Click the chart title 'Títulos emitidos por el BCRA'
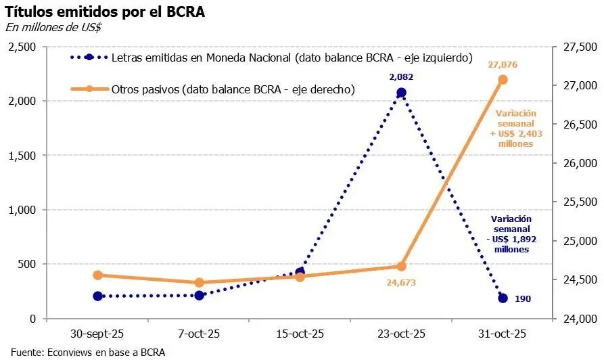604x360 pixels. [105, 12]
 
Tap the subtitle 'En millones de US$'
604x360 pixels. [53, 27]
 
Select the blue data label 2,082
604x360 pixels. [400, 77]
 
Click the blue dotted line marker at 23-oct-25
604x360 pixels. [401, 93]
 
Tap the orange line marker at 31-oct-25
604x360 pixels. [503, 80]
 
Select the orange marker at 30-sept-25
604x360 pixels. [98, 275]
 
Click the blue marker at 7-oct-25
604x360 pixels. [199, 295]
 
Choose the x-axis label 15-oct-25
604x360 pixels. [300, 334]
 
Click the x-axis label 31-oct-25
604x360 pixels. [503, 334]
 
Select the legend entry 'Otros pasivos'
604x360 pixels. [233, 89]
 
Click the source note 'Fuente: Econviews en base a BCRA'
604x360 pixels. [88, 352]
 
